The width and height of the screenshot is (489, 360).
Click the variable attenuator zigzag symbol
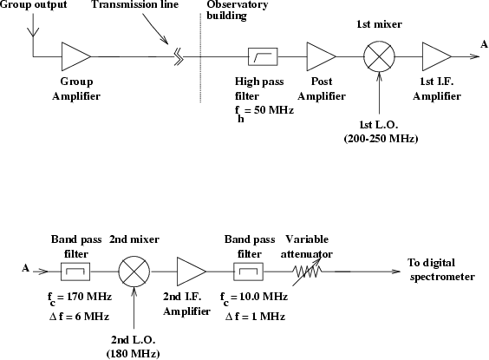(x=307, y=272)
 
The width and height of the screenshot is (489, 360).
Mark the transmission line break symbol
(x=179, y=56)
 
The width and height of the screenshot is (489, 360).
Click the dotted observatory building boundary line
(x=200, y=58)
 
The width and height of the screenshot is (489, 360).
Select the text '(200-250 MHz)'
(x=381, y=139)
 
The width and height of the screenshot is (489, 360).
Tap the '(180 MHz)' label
(x=134, y=354)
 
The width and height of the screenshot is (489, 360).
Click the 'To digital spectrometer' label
(x=441, y=270)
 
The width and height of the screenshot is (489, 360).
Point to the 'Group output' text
(x=33, y=4)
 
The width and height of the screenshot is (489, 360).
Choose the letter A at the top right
(x=484, y=44)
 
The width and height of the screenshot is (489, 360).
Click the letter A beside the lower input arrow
(x=26, y=268)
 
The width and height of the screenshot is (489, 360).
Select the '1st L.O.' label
(x=379, y=125)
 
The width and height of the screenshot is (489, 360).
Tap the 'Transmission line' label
(x=135, y=4)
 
